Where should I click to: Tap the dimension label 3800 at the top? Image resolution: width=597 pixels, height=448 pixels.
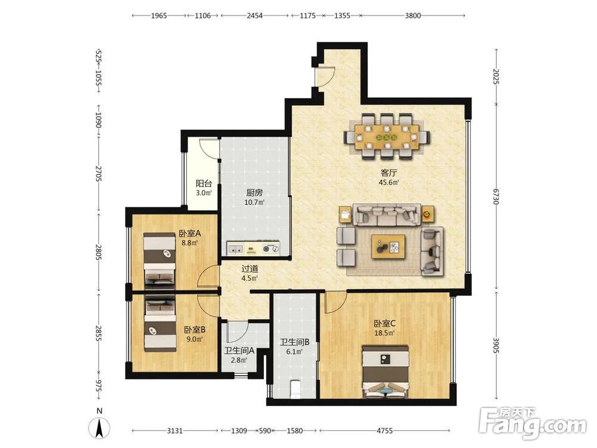click(x=413, y=16)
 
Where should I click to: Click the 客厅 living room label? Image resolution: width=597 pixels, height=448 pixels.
click(x=389, y=173)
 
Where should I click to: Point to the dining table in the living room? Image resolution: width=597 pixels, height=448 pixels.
click(x=387, y=137)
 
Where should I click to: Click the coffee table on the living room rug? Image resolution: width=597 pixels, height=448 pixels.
click(x=389, y=247)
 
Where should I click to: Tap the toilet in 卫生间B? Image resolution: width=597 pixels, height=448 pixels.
click(x=295, y=389)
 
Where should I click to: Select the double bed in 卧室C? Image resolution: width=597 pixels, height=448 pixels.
click(x=386, y=372)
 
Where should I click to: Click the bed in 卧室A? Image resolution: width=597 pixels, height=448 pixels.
click(x=159, y=259)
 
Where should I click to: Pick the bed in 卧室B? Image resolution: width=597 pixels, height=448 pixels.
click(x=160, y=324)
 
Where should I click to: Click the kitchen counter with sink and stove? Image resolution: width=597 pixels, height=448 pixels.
click(x=253, y=248)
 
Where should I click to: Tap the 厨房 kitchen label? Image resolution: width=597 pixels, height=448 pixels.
click(x=254, y=193)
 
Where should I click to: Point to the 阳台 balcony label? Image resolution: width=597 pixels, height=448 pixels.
click(x=204, y=183)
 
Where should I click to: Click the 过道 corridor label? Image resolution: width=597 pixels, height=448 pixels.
click(x=250, y=269)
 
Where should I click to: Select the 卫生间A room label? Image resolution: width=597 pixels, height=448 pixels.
click(x=239, y=351)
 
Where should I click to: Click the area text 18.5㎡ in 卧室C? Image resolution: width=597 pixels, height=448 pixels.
click(x=384, y=333)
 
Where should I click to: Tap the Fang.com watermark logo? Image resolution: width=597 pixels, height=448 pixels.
click(x=533, y=422)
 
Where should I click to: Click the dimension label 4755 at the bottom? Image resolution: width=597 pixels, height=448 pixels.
click(x=384, y=431)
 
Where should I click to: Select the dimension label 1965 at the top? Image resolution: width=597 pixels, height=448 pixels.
click(x=159, y=16)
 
